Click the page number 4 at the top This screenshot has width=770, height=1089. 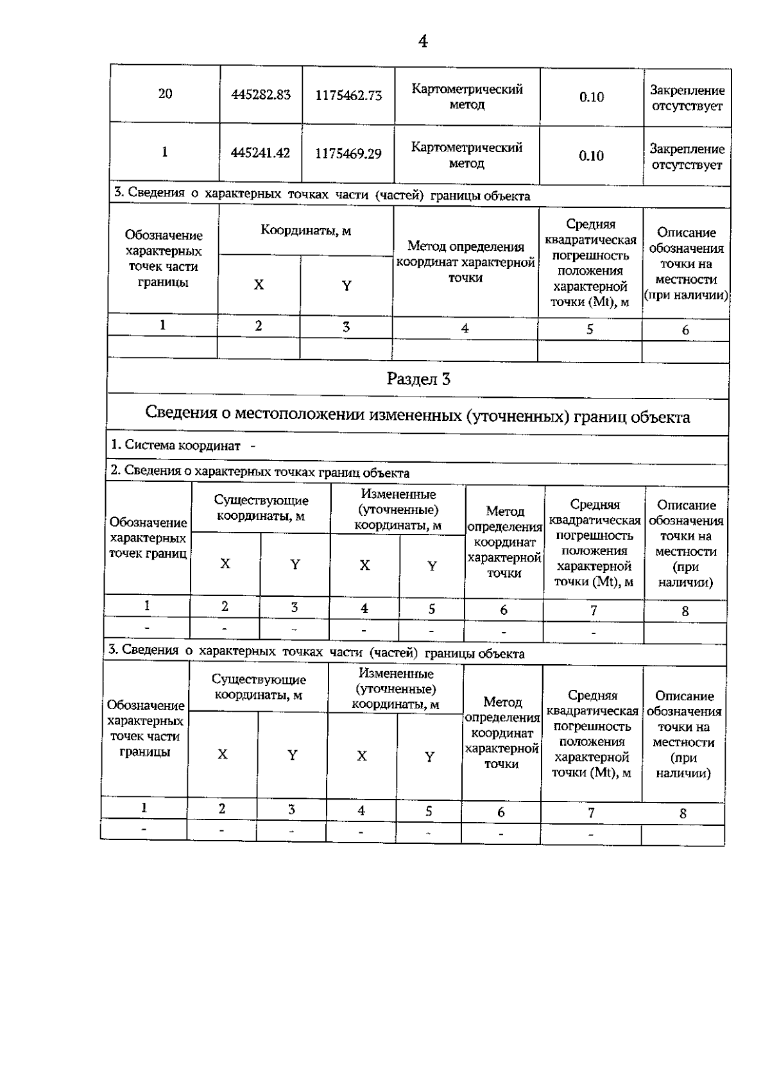tap(422, 42)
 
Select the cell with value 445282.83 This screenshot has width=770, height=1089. tap(261, 95)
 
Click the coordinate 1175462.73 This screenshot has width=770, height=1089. tap(348, 96)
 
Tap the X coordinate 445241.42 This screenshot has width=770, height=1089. tap(261, 153)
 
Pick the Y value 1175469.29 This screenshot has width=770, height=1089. tap(348, 154)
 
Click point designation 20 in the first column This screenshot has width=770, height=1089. tap(165, 94)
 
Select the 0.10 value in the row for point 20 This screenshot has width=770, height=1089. tap(591, 97)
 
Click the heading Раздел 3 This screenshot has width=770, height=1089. tap(418, 379)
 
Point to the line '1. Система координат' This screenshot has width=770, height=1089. tap(183, 445)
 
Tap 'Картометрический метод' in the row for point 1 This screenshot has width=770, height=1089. tap(466, 155)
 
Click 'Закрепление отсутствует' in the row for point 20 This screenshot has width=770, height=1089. tap(687, 98)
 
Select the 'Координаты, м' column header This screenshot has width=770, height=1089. tap(305, 230)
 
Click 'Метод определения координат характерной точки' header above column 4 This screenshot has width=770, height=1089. tap(466, 262)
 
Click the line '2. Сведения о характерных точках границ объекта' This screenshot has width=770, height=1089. tap(260, 473)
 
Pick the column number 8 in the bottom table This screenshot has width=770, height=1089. tap(683, 814)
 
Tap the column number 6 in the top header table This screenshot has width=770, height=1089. tap(685, 330)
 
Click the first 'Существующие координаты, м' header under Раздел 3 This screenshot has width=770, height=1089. tap(261, 508)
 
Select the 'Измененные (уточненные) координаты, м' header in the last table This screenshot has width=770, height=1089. tap(395, 689)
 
